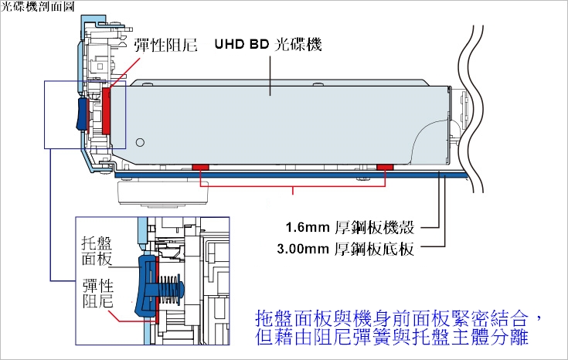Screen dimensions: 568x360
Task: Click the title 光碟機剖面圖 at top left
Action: (x=38, y=6)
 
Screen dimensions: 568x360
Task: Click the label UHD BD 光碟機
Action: (x=268, y=45)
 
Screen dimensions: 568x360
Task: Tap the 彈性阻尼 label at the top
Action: (x=165, y=46)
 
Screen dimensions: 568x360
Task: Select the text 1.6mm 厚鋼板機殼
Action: (x=350, y=227)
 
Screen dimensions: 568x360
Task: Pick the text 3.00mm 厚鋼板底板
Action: (x=345, y=250)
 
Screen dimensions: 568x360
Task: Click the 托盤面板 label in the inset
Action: (x=97, y=251)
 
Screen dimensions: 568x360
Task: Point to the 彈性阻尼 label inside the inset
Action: (x=98, y=294)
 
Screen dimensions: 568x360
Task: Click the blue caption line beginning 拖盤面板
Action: (x=399, y=318)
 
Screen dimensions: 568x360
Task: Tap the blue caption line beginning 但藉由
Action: (x=392, y=337)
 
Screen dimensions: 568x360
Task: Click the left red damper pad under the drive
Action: (x=200, y=167)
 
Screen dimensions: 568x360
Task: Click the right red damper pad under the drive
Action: (x=385, y=167)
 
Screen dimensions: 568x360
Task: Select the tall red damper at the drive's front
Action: (x=107, y=110)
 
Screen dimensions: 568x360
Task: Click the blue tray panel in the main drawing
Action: (x=82, y=114)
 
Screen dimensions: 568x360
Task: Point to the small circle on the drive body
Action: (x=140, y=142)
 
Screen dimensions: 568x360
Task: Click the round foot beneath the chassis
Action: (x=163, y=194)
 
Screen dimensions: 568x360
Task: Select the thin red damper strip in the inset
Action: (x=157, y=290)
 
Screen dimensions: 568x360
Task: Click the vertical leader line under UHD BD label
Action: (x=270, y=75)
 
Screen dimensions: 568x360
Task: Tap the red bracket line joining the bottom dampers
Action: (x=293, y=186)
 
